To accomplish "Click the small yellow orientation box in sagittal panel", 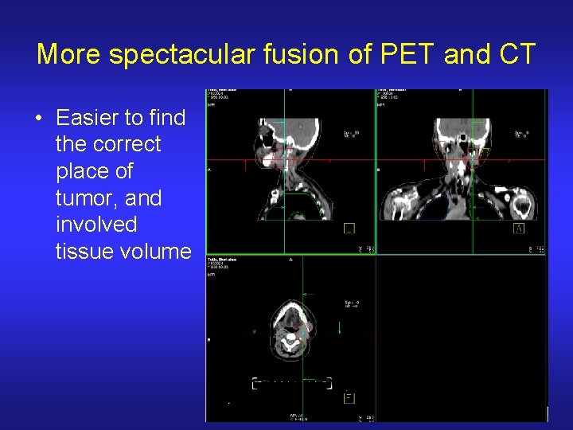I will point(349,229).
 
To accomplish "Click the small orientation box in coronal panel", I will point(519,229).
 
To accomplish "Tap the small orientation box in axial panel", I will point(349,398).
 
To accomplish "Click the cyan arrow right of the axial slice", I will point(340,327).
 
